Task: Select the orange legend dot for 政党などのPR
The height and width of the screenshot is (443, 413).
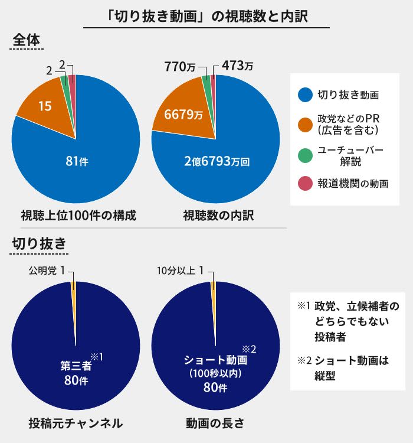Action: click(x=305, y=124)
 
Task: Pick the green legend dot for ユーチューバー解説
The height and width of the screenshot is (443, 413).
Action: click(x=305, y=155)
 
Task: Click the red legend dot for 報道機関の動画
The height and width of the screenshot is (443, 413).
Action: click(x=305, y=184)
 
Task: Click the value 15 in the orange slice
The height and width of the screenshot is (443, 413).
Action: click(x=44, y=106)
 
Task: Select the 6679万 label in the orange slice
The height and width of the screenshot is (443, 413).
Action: click(x=183, y=115)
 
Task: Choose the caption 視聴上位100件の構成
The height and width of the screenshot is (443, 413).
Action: click(x=78, y=216)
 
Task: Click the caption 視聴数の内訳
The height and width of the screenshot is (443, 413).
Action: click(x=218, y=216)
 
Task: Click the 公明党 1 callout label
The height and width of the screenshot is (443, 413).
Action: click(x=50, y=271)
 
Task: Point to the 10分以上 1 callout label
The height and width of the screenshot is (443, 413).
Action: click(x=181, y=271)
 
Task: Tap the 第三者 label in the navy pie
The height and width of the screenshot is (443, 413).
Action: click(x=76, y=366)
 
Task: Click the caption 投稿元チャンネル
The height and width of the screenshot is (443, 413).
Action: click(x=76, y=423)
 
